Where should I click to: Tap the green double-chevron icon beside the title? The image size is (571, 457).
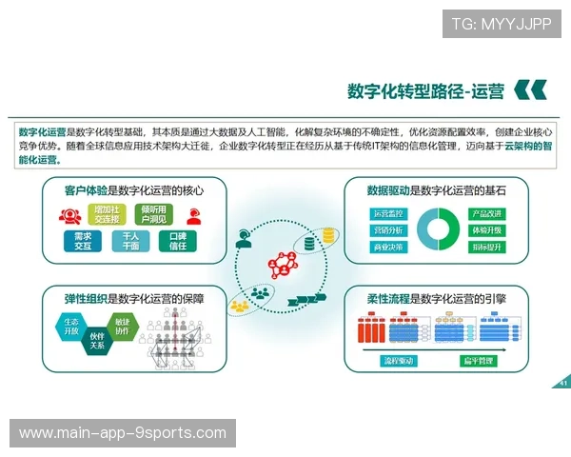click(530, 90)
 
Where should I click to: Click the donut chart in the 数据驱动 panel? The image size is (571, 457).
click(437, 229)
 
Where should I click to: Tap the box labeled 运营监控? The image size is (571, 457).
click(388, 213)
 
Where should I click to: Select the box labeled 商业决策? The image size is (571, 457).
click(388, 248)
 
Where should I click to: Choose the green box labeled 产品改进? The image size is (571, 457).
click(486, 213)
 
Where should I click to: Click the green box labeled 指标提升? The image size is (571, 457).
click(486, 248)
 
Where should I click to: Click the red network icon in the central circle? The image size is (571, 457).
click(285, 259)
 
